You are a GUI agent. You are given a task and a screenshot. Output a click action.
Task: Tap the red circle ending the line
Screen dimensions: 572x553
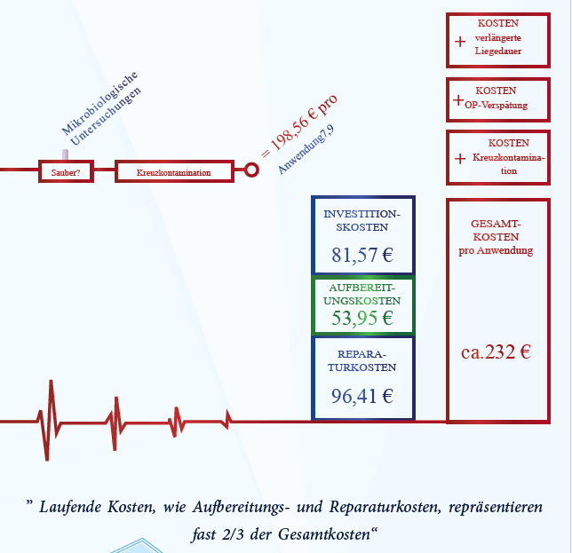pos(251,170)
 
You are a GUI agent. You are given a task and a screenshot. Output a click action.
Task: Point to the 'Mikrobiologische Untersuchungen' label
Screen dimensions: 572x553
pos(101,108)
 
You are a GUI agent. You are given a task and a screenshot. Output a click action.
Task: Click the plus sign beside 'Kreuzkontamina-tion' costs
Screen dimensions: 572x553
pos(460,159)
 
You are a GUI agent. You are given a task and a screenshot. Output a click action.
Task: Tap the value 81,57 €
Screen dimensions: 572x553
pos(362,255)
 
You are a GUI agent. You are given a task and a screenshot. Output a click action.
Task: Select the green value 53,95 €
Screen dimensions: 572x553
pos(362,318)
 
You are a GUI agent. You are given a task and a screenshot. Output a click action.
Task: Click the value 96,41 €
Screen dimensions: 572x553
pos(362,396)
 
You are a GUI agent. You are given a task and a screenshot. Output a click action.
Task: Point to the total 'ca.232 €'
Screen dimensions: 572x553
pos(496,352)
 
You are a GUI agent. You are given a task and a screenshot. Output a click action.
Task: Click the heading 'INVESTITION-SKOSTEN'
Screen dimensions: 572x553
pos(361,220)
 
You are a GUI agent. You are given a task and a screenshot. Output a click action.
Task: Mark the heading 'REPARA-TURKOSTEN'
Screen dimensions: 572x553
pos(361,360)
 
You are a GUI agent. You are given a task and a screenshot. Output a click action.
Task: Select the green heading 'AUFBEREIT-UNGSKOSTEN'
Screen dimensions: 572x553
pos(361,294)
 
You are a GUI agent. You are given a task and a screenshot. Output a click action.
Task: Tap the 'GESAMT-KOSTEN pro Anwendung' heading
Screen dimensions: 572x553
pos(496,237)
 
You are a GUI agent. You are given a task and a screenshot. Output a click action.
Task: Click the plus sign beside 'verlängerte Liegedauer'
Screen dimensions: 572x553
pos(460,42)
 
